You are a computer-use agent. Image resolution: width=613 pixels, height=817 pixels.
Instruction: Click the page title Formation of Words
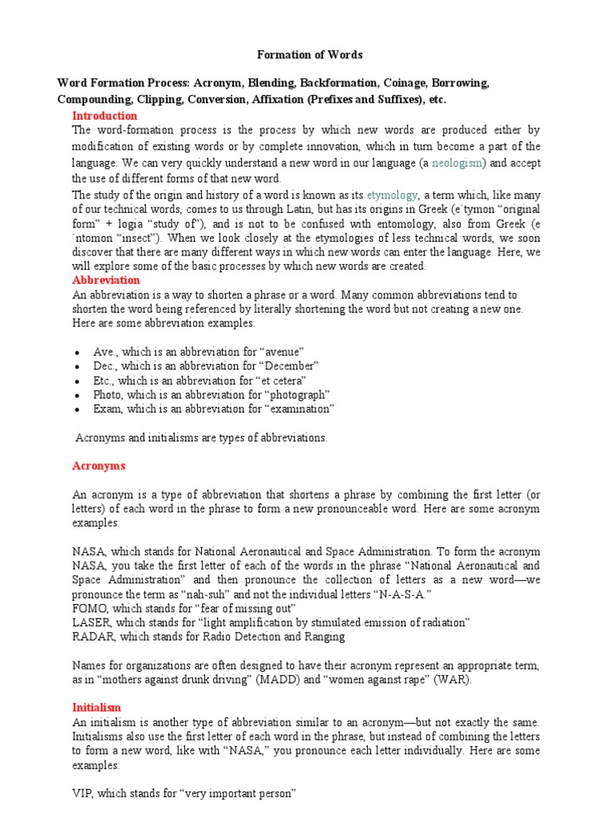point(309,55)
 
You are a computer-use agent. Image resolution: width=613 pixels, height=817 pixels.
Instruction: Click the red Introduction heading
point(105,116)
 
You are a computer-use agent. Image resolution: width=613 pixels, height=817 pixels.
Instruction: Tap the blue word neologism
point(457,163)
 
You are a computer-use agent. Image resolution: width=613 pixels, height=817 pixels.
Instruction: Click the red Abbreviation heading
point(105,280)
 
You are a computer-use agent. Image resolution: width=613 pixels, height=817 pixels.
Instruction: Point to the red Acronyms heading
point(99,465)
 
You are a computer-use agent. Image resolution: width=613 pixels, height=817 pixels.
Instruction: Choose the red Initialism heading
point(97,707)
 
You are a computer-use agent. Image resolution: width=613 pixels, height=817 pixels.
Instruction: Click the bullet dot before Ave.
point(76,353)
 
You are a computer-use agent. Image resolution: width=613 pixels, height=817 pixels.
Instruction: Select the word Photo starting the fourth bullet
point(109,394)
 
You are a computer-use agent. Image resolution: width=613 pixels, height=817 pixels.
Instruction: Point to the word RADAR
point(91,636)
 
